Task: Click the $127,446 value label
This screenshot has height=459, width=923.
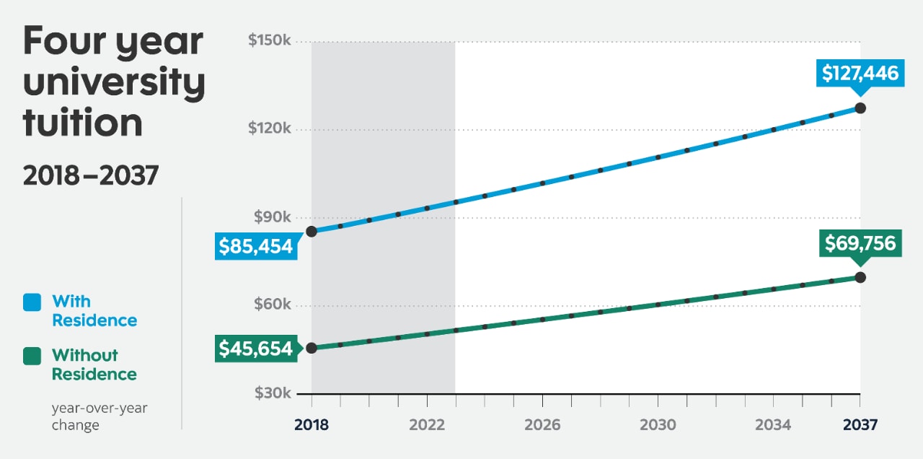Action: point(860,73)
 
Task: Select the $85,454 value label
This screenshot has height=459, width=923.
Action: point(256,247)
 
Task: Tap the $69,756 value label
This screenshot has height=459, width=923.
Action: point(860,243)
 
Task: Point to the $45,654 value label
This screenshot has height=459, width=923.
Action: point(256,349)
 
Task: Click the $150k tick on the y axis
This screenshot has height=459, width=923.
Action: point(269,41)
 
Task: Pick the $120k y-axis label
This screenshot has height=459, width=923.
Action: point(269,129)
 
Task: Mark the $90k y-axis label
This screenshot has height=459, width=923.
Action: point(272,217)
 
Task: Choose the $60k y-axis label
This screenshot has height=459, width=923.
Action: point(272,305)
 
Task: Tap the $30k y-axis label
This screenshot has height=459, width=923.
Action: point(272,393)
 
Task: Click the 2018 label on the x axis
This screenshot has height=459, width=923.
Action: point(312,425)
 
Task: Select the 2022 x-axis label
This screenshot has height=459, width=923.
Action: point(427,425)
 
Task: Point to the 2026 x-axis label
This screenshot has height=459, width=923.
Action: point(542,425)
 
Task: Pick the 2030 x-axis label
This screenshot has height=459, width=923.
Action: point(658,425)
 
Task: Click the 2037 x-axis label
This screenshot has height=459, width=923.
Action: point(860,425)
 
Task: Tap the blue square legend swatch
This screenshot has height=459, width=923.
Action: point(32,302)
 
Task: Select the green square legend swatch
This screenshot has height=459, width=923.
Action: point(32,356)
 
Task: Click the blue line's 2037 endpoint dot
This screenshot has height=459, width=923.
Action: point(860,108)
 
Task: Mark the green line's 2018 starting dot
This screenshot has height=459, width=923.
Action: point(312,348)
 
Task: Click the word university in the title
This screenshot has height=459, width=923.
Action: point(114,83)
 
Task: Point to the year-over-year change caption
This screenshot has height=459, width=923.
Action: point(100,417)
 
